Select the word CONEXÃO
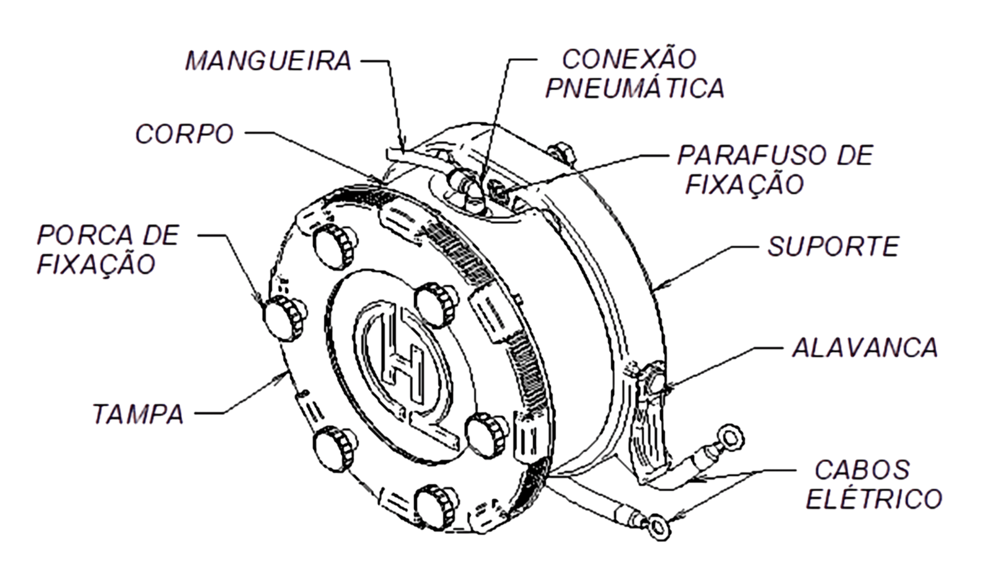coord(629,59)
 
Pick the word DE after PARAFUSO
coord(855,155)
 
